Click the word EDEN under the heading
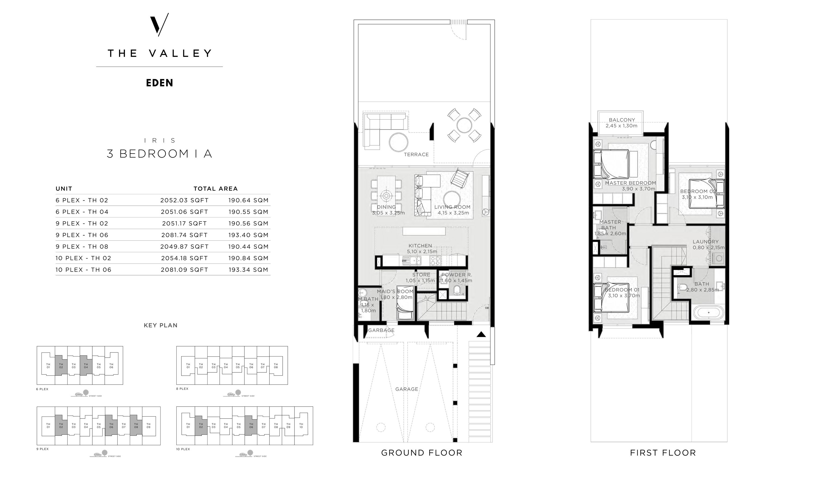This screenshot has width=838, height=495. (x=159, y=83)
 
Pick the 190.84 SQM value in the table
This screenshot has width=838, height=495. (x=248, y=258)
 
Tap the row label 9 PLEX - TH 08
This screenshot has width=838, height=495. (x=82, y=247)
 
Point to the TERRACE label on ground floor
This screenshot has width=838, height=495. (x=416, y=154)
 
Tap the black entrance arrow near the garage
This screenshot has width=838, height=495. (x=481, y=334)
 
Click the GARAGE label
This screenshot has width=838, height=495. (x=406, y=389)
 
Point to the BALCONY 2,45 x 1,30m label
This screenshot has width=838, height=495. (x=621, y=123)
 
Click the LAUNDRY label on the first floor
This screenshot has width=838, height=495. (x=705, y=242)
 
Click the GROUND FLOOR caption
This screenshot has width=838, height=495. (x=422, y=453)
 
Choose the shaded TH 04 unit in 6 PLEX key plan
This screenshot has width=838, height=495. (x=86, y=366)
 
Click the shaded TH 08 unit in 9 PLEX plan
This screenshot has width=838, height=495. (x=136, y=426)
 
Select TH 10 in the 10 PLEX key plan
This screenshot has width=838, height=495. (x=301, y=426)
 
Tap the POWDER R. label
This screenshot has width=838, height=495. (x=456, y=275)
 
